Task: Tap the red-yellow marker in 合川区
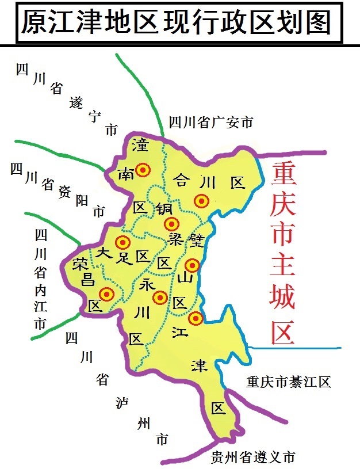point(201,201)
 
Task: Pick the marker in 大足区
point(122,242)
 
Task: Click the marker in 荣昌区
point(106,294)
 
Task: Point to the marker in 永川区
point(160,298)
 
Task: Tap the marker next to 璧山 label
point(192,265)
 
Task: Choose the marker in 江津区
point(196,318)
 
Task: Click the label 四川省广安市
point(211,122)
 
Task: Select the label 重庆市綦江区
point(288,382)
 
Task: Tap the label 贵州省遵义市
point(253,457)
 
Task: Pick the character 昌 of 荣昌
point(87,280)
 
